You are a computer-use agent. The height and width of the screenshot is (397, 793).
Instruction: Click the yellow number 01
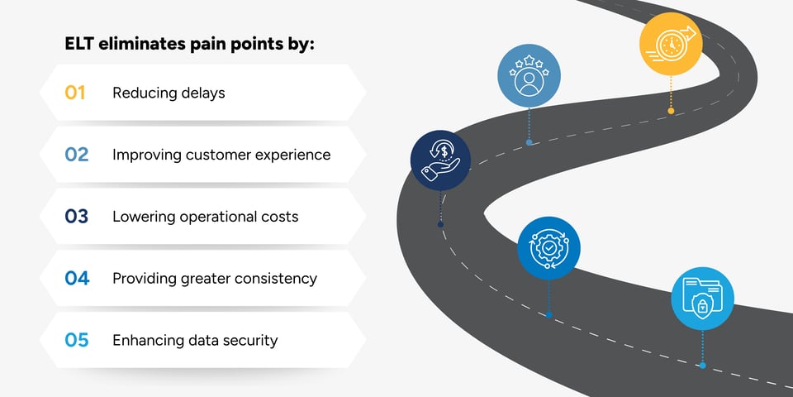tap(75, 93)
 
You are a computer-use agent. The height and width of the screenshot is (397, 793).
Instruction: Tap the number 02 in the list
tap(76, 155)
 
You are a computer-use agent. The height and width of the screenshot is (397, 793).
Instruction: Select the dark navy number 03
tap(76, 217)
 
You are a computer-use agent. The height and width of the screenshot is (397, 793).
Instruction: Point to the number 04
tap(76, 279)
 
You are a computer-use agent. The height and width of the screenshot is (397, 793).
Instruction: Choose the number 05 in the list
tap(76, 340)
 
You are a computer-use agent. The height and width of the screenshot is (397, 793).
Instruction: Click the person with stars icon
tap(529, 75)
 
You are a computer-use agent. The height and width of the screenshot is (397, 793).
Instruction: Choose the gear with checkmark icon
tap(548, 247)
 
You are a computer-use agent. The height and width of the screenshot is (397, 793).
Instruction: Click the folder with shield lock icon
tap(702, 298)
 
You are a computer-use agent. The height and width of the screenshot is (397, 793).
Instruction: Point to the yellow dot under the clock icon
tap(671, 111)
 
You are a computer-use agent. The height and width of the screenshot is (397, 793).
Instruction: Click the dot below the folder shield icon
tap(702, 365)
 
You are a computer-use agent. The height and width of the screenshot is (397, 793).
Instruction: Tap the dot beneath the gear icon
tap(548, 314)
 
